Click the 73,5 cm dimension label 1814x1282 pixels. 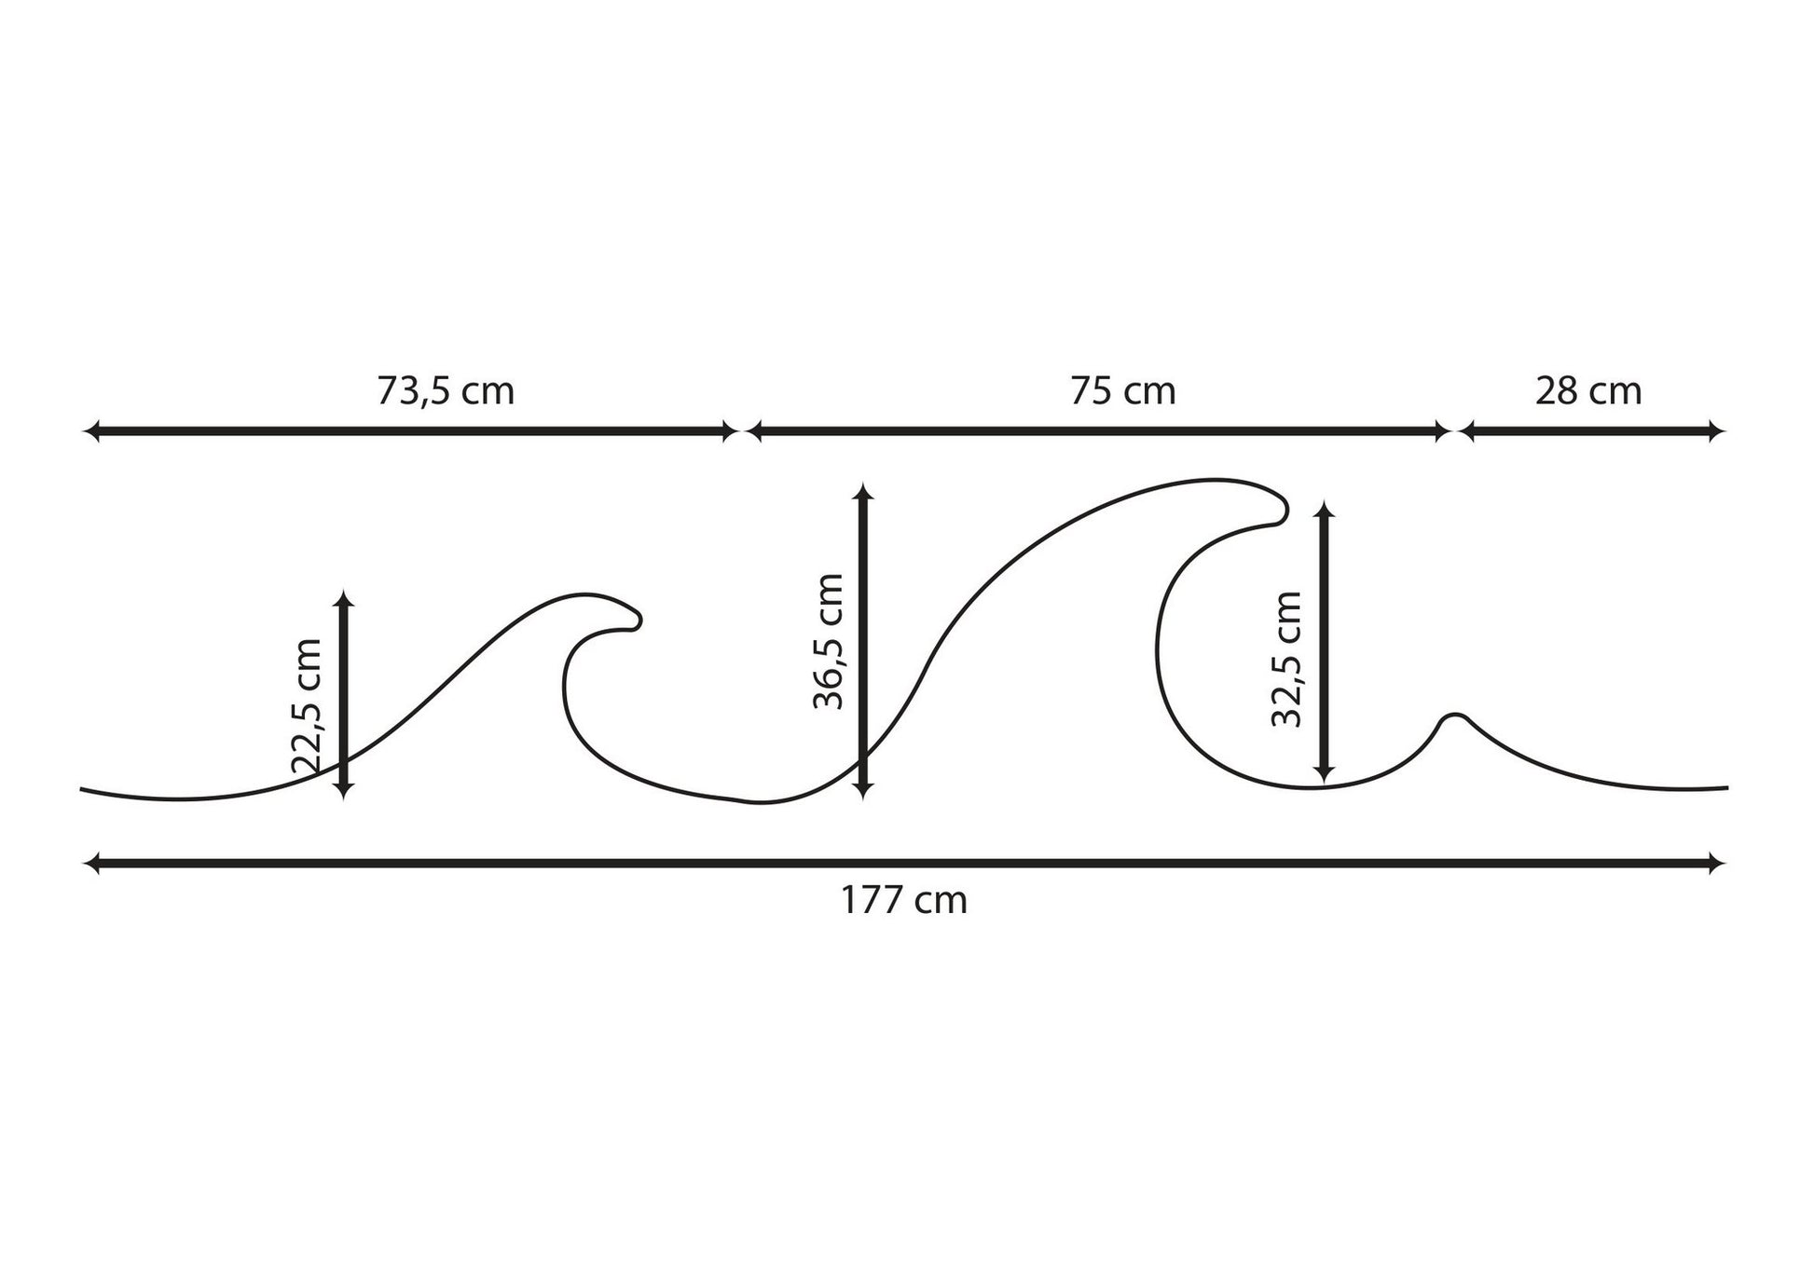[446, 390]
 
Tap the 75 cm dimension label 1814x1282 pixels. [1122, 390]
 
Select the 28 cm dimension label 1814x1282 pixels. [1588, 390]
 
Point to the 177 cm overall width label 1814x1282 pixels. [904, 901]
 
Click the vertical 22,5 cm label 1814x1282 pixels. [307, 706]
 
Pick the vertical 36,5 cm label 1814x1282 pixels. [828, 641]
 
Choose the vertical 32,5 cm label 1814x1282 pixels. [1286, 659]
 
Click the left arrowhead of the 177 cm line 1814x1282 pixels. [91, 864]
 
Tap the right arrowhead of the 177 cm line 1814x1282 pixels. [1717, 864]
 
